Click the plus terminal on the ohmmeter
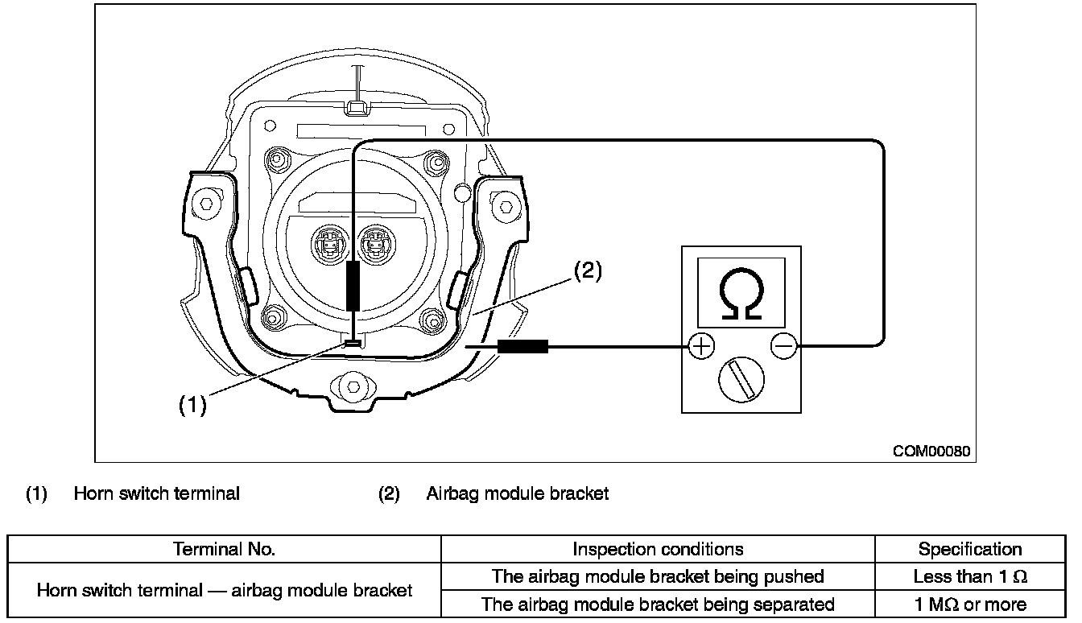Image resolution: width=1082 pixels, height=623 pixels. coord(701,346)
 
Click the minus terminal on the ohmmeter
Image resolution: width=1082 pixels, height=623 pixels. coord(783,346)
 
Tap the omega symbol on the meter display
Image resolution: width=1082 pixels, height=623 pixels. coord(741,293)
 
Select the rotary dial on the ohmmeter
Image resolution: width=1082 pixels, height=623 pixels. coord(741,380)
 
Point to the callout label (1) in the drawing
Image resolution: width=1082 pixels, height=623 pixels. coord(192,404)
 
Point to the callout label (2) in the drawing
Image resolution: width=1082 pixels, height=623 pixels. coord(588,270)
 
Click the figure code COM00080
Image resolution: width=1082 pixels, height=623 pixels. coord(931,451)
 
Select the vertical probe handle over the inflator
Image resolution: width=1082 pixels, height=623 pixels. coord(353,286)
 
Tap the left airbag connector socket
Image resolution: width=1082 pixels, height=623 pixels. coord(330,245)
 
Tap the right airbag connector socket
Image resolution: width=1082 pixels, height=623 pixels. coord(375,245)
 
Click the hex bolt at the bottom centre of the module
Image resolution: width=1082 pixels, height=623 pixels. coord(353,386)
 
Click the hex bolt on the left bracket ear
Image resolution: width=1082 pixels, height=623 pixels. coord(206,204)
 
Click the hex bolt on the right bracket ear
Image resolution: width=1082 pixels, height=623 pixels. coord(506,207)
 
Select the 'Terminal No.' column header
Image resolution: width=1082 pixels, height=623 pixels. coord(224,549)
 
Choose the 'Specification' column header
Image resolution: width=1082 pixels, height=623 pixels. coord(970,549)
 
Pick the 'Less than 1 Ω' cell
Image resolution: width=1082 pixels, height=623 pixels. coord(970,576)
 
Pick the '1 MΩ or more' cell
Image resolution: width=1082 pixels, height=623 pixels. coord(970,604)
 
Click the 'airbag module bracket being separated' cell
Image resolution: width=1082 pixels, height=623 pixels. coord(658,604)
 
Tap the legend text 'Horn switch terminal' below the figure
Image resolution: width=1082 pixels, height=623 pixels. coord(156,493)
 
